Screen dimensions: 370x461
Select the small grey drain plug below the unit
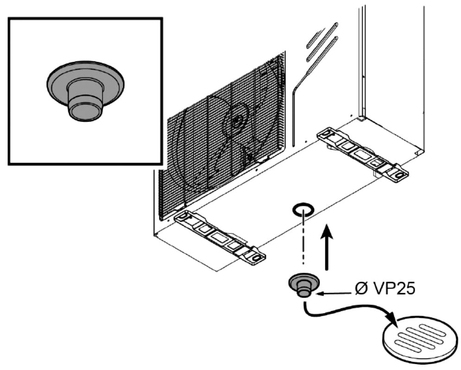pyautogui.click(x=303, y=284)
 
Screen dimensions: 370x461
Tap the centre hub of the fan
pyautogui.click(x=237, y=121)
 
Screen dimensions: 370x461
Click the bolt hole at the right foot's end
pyautogui.click(x=398, y=174)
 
